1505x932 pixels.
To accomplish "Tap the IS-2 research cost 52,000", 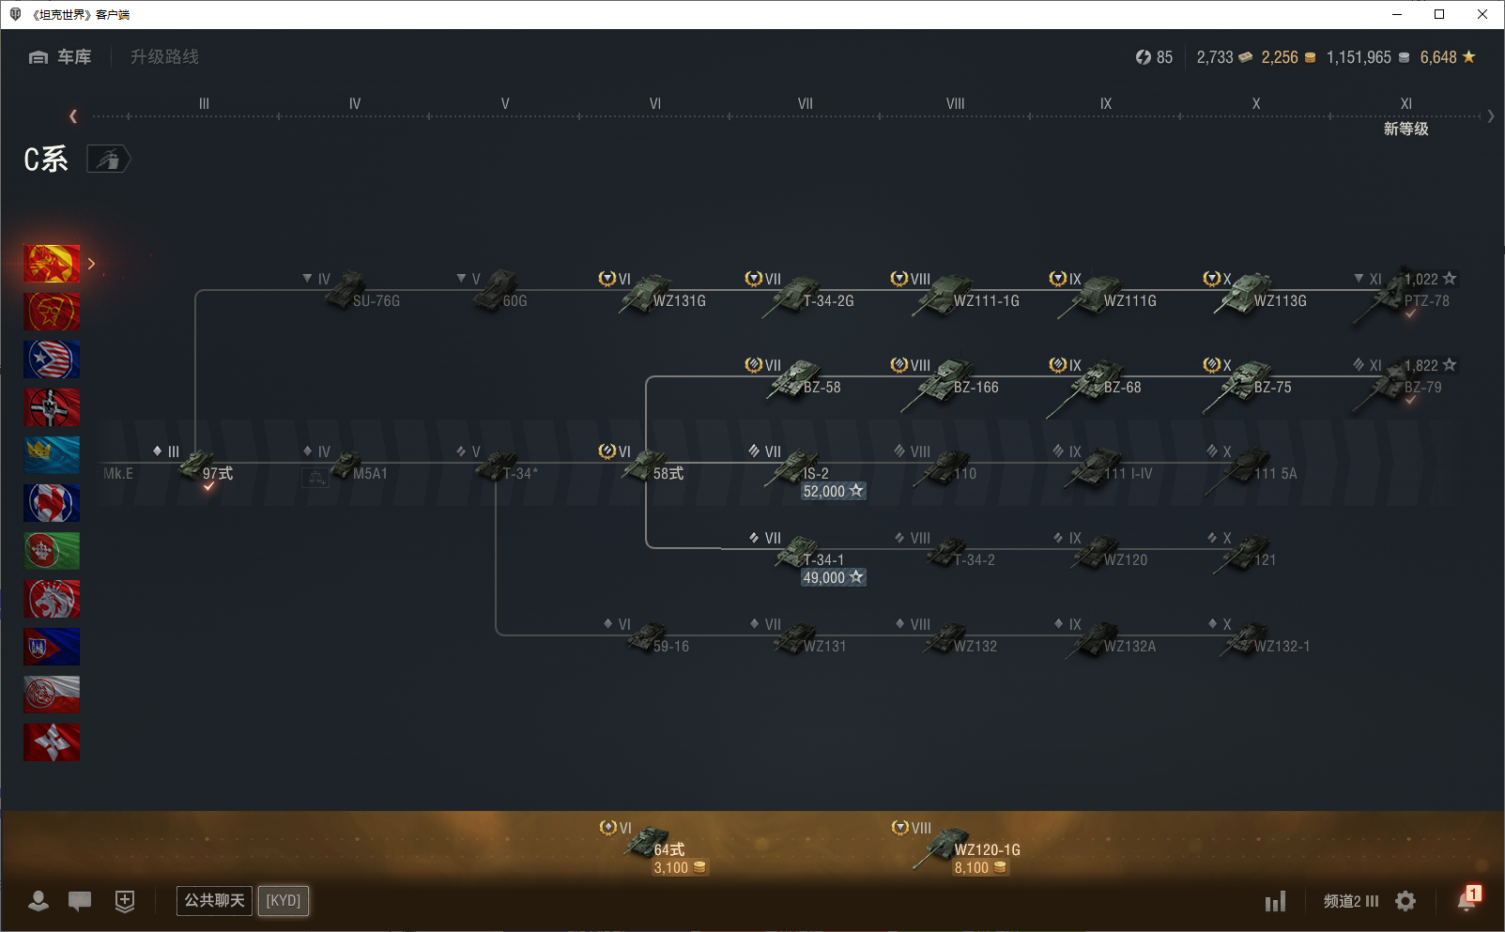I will click(x=832, y=491).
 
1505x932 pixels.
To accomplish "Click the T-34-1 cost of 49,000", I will click(x=832, y=577).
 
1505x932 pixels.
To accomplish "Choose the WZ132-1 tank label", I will click(x=1281, y=646).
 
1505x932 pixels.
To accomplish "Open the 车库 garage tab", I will click(x=62, y=57).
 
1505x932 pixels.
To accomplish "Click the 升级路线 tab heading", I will click(x=164, y=57).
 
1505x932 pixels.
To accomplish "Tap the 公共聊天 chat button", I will click(x=214, y=900).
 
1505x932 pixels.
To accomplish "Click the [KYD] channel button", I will click(x=283, y=900).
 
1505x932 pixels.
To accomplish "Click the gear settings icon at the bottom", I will click(x=1405, y=901).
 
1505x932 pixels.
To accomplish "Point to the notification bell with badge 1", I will click(x=1467, y=900).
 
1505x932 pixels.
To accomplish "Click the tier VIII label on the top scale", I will click(x=955, y=103).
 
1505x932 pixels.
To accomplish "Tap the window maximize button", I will click(x=1438, y=14).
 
